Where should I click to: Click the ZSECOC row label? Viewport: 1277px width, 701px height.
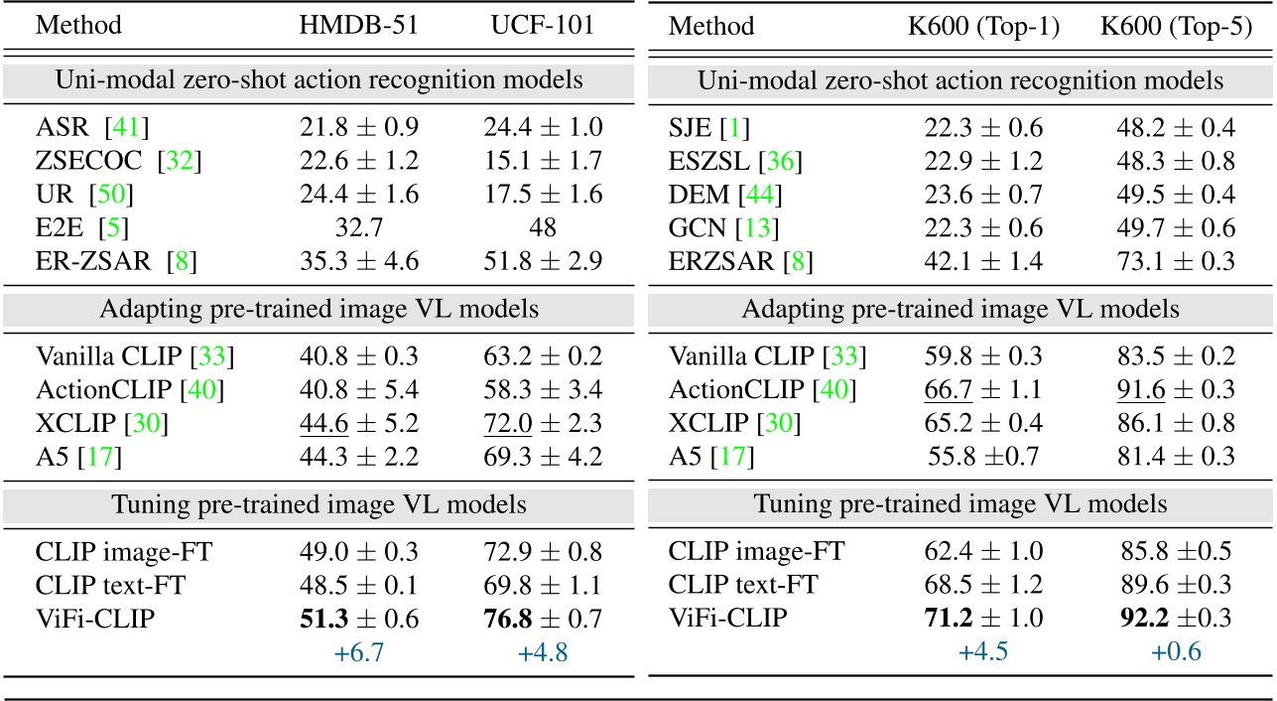pos(88,160)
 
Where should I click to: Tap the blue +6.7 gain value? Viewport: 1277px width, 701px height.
pos(358,652)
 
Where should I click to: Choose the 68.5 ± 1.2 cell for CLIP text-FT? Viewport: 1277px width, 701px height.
pos(982,584)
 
